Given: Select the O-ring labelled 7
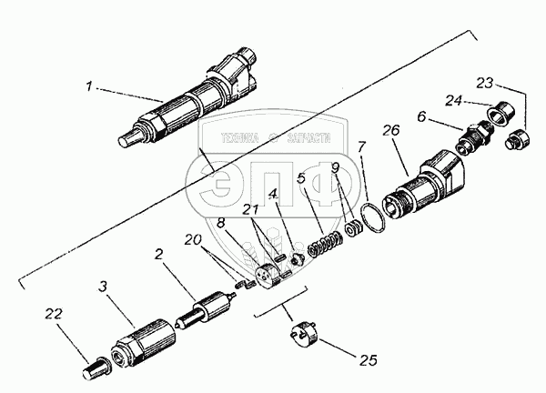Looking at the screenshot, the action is click(370, 219).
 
